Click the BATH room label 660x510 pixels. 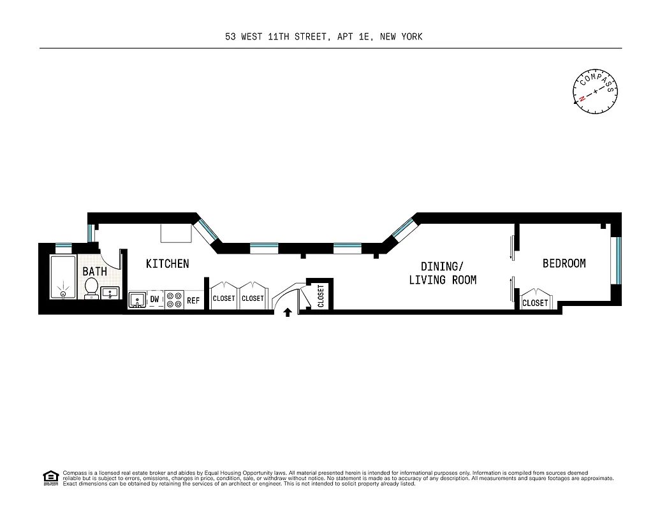(94, 272)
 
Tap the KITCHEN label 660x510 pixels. (167, 263)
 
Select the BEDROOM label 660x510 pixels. (564, 263)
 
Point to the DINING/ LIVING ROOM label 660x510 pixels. (442, 272)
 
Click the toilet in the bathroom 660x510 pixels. (91, 288)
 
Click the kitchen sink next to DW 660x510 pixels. (137, 300)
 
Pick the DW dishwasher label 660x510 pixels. (154, 299)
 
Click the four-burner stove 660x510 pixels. (175, 300)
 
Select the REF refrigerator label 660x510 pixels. (193, 300)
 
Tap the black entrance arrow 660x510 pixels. (288, 312)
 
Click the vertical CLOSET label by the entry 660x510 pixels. (320, 296)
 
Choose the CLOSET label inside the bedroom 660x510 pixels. (534, 303)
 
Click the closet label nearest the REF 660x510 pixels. (224, 298)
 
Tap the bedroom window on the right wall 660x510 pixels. (616, 259)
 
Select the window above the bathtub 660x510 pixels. (63, 246)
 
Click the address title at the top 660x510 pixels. (324, 36)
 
